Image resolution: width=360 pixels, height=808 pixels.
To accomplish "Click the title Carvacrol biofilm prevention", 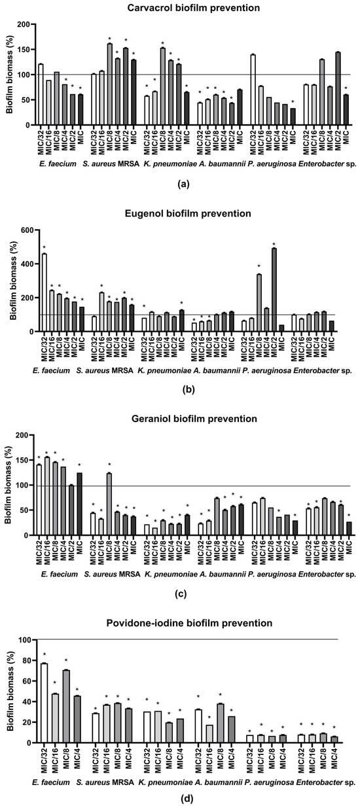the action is [193, 8].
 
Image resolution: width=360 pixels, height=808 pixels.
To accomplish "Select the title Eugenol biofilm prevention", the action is [188, 213].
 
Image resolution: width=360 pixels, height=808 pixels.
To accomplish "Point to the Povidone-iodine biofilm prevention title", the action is [189, 623].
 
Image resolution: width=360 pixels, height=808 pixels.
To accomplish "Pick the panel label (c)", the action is [181, 594].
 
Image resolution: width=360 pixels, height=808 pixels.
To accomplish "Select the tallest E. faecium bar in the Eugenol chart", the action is [45, 292].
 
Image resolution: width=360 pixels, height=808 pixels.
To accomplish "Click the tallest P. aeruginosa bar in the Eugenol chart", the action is [274, 290].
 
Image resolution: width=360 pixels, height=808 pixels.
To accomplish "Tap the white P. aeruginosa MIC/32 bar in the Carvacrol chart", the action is [253, 90].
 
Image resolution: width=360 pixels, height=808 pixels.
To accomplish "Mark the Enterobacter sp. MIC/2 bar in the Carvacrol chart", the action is [338, 88].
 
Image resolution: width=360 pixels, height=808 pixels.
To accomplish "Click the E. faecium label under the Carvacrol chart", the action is [58, 164].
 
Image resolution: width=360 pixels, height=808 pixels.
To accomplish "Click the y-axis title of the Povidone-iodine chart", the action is [11, 691].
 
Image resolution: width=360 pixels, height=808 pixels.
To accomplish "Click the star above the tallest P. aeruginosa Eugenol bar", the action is [274, 244].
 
